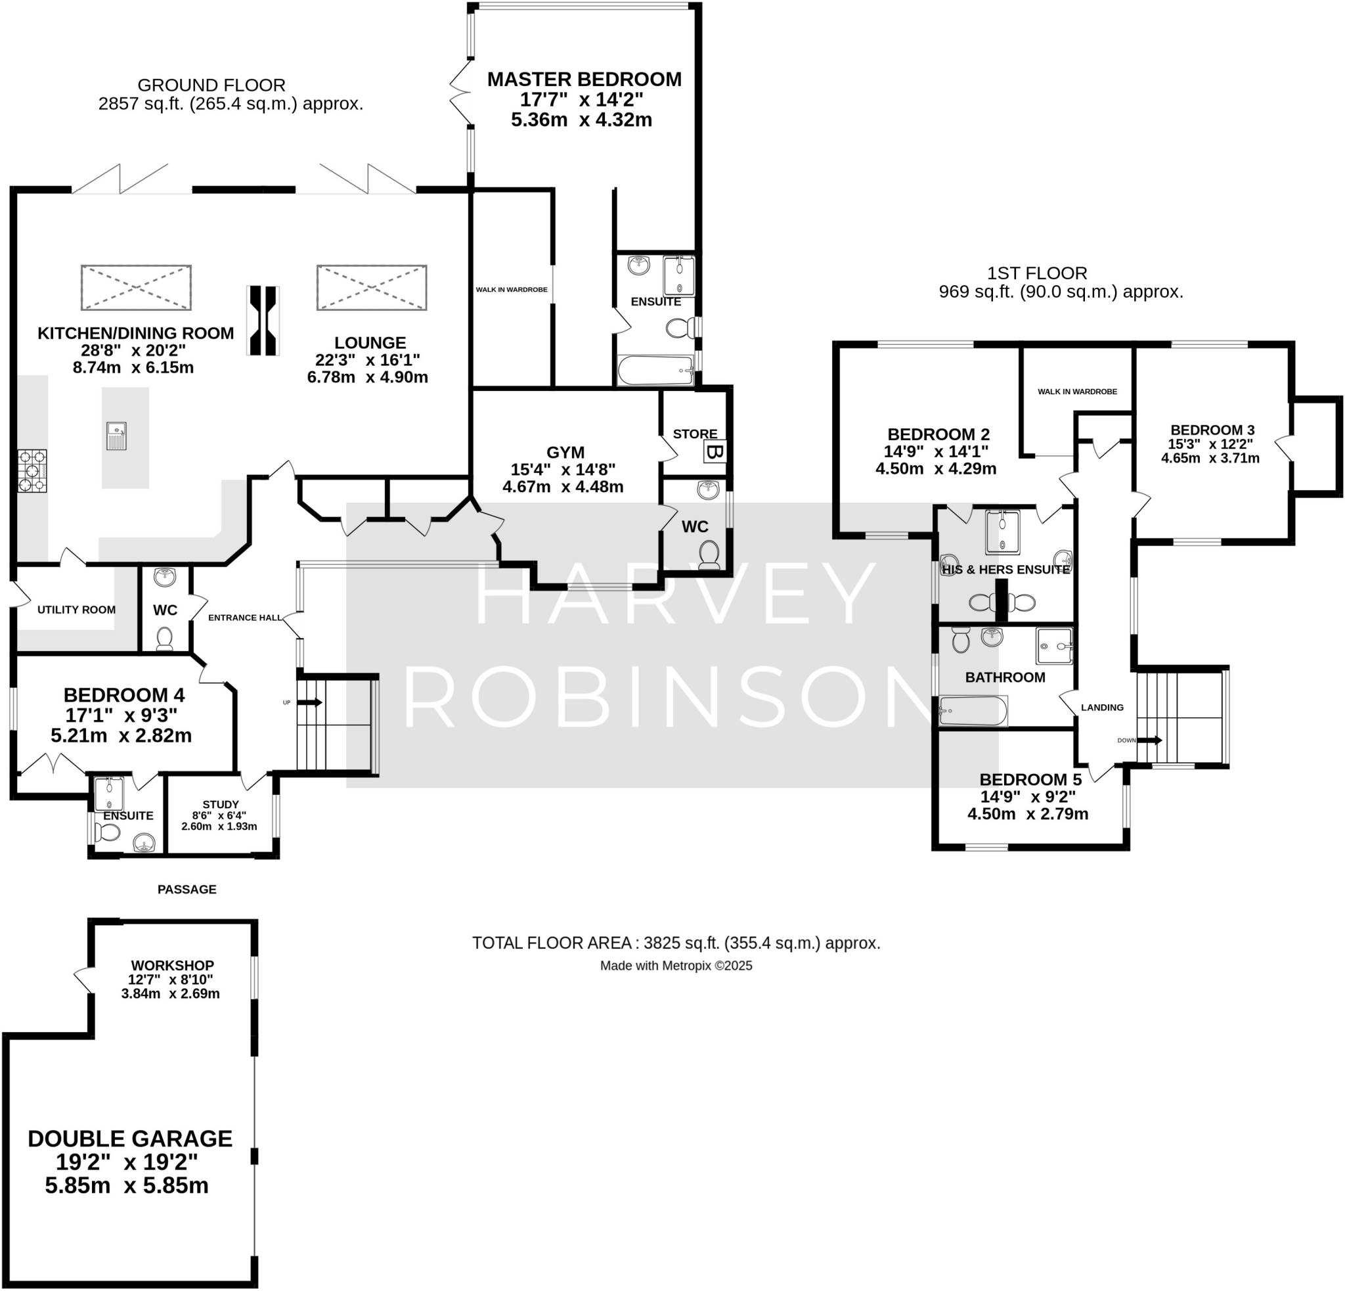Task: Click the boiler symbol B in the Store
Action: [715, 453]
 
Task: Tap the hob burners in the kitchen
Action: [32, 471]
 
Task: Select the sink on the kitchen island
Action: [117, 436]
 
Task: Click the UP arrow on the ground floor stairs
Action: [309, 702]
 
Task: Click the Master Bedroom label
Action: [584, 79]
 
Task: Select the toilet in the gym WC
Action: [709, 555]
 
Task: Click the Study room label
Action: [220, 804]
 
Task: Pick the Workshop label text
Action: [173, 965]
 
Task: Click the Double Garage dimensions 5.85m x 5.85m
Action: [127, 1185]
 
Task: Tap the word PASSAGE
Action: [187, 890]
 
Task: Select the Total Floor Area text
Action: [675, 943]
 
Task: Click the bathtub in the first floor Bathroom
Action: [973, 711]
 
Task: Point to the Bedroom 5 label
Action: [1030, 780]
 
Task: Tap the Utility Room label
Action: [76, 610]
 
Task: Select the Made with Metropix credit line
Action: [675, 966]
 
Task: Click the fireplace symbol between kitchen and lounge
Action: [263, 321]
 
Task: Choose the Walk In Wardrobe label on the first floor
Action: [1076, 391]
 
